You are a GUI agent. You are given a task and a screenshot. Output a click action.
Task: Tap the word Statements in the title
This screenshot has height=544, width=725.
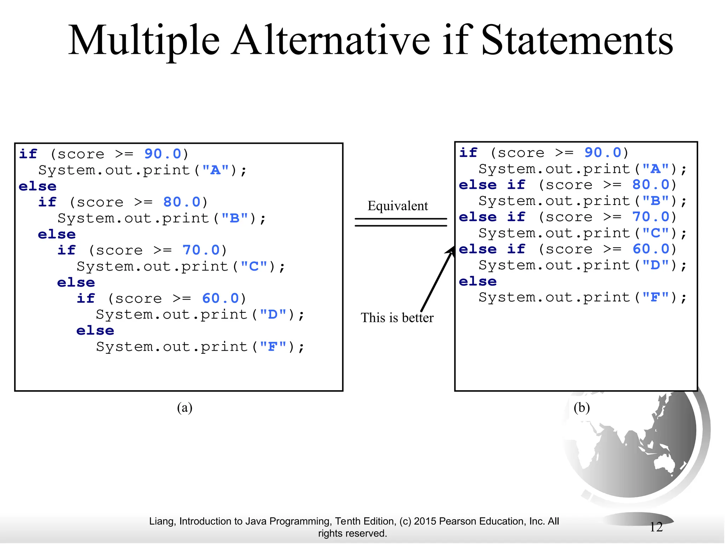point(577,41)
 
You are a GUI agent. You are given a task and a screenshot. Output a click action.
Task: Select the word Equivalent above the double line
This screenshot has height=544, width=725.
point(398,206)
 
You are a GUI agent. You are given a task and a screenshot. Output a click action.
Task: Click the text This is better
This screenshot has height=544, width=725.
point(397,318)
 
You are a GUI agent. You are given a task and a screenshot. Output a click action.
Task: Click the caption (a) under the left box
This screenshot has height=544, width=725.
point(184,407)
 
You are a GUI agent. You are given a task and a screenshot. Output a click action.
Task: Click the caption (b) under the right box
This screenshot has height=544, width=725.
point(582,407)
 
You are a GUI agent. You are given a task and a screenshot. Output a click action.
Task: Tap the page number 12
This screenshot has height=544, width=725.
point(656,527)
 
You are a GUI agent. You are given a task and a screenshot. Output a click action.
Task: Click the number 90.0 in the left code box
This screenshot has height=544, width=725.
point(163,154)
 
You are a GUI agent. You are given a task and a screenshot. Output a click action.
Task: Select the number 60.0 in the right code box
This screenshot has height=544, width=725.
point(651,249)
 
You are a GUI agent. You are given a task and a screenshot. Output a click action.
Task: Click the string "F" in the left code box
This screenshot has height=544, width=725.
point(273,347)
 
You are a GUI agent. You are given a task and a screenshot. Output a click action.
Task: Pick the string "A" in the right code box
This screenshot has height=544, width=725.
point(655,169)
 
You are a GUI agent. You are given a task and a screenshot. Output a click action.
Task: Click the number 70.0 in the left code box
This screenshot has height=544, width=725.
point(201,250)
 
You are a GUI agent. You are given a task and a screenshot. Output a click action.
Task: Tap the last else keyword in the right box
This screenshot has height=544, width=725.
point(478,282)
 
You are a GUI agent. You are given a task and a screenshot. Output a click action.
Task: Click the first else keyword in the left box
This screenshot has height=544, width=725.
point(38,186)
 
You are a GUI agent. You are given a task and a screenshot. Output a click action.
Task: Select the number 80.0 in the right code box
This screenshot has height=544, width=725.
point(651,185)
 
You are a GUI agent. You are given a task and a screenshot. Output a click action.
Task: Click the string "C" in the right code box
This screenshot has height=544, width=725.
point(655,233)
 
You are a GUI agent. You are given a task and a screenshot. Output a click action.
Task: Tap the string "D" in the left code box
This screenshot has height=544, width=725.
point(273,314)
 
